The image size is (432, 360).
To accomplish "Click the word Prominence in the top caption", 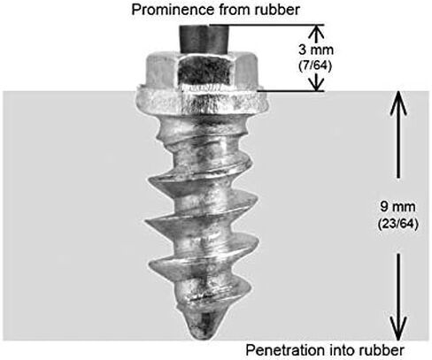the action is pos(173,10).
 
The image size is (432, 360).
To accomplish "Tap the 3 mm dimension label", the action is pos(316,50).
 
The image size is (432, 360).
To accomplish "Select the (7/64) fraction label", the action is pos(315,66).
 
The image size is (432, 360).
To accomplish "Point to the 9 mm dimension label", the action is pos(397,206).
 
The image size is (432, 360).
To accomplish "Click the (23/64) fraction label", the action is pos(398,225).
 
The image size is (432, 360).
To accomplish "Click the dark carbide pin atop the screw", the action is pos(204,40).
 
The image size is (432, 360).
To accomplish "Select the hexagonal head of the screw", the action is pos(202,70).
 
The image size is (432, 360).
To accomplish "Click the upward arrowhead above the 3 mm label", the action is pos(316,32).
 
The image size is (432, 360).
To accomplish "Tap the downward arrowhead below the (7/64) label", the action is pos(316,84).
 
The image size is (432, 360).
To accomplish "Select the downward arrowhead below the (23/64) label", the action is pos(398,328).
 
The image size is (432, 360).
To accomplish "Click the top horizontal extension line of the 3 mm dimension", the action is pos(266,25).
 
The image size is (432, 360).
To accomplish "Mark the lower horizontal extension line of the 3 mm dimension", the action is pos(290,91).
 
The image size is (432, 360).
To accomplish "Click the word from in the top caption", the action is pos(230,10).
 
